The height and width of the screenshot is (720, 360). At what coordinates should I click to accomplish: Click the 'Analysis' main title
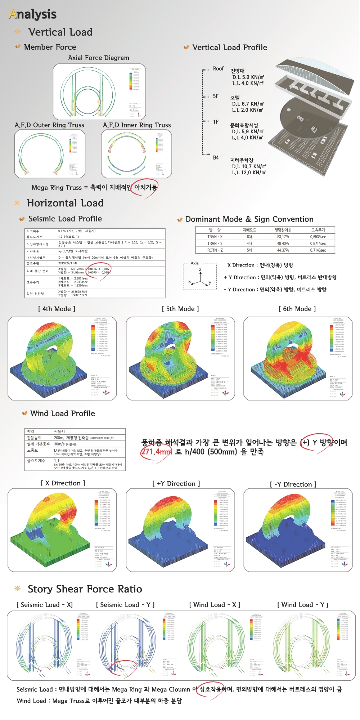tap(33, 14)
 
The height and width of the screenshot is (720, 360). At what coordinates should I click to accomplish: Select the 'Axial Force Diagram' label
tap(99, 58)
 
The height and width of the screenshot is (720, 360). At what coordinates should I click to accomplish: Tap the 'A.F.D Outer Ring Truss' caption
tap(49, 125)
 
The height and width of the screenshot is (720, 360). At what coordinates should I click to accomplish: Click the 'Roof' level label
tap(218, 68)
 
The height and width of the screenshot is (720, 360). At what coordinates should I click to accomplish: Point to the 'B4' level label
tap(216, 157)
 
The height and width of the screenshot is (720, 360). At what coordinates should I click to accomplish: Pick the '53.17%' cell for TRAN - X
tap(283, 237)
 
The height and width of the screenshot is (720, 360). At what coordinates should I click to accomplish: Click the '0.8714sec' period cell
tap(318, 243)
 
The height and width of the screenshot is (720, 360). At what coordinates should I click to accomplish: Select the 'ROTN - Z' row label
tap(215, 250)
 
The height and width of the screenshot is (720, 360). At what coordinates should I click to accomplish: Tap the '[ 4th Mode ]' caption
tap(57, 309)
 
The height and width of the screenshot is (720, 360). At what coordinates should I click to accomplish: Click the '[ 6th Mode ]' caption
tap(297, 309)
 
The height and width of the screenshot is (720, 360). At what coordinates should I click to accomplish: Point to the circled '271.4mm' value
tap(156, 452)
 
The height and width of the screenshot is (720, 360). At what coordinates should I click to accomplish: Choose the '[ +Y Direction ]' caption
tap(176, 483)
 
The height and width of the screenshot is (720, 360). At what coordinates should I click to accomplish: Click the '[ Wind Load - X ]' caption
tap(215, 605)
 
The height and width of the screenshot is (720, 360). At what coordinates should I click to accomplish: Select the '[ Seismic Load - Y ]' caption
tap(125, 605)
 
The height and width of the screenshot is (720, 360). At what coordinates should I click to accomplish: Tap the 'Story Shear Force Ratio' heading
tap(85, 589)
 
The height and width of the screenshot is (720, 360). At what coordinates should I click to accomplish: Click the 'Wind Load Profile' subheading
tap(63, 413)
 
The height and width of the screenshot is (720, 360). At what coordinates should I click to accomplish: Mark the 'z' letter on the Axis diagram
tap(200, 269)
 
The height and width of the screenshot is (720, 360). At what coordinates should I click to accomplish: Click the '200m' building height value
tap(59, 438)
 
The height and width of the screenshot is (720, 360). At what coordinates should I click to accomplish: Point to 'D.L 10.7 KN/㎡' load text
tap(249, 166)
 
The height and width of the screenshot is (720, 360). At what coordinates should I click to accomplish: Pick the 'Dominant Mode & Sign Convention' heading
tap(249, 219)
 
